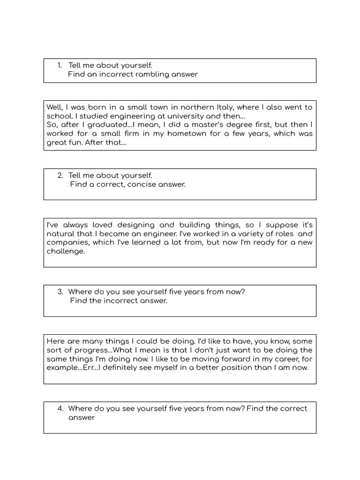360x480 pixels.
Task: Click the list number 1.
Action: click(60, 65)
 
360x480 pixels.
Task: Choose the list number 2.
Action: click(60, 175)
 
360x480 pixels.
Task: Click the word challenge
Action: click(66, 251)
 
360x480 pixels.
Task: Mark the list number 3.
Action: click(60, 292)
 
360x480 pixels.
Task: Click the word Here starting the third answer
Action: click(55, 341)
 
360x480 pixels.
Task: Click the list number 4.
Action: click(60, 408)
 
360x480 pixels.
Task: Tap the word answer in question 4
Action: click(82, 417)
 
